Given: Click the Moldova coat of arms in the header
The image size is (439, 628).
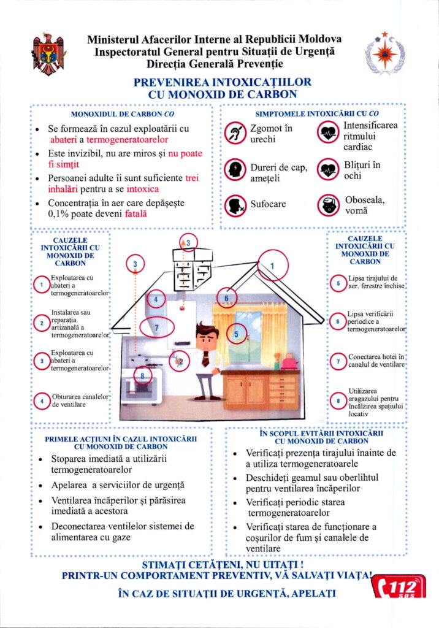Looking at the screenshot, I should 48,53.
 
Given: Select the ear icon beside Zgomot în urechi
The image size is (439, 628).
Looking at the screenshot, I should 235,134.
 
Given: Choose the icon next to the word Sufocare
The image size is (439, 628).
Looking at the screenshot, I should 235,205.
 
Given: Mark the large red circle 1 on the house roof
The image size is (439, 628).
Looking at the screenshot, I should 273,266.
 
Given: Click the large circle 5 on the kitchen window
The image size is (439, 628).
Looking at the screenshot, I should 236,334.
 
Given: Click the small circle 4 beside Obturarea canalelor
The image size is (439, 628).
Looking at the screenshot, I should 41,402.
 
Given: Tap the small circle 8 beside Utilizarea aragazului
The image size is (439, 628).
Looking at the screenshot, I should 338,401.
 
